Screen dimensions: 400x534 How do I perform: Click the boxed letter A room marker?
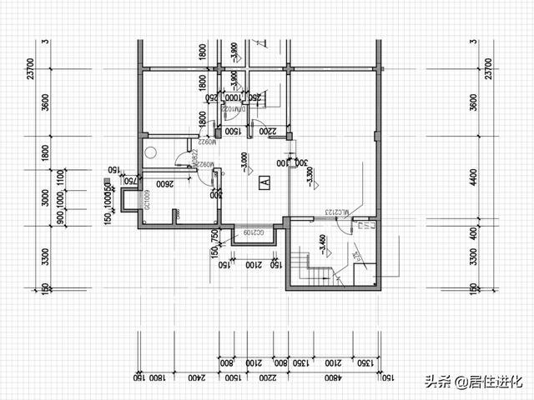264,181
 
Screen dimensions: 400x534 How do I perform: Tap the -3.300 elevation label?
310,177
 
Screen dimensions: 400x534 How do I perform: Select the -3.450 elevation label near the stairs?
321,245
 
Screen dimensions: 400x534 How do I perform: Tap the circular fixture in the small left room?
150,152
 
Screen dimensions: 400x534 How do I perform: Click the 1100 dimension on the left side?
59,177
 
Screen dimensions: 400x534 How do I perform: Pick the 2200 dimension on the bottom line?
266,377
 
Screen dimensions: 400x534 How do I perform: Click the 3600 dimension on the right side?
473,103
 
